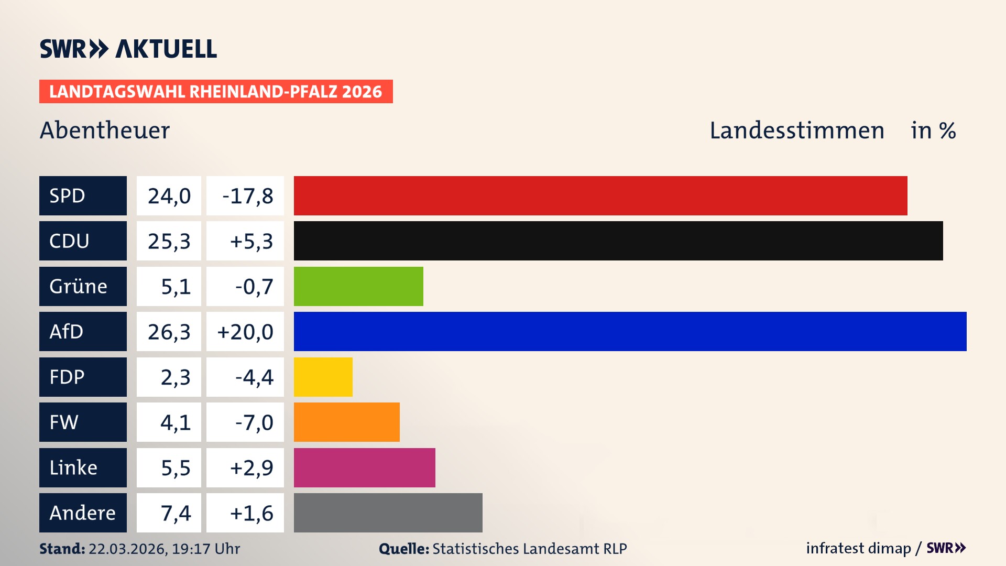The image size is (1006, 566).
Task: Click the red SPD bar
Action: point(600,195)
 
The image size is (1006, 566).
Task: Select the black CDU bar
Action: point(618,241)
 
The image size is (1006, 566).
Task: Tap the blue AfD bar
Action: point(630,331)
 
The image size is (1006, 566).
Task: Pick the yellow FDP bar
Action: point(323,377)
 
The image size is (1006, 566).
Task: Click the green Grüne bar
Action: point(358,286)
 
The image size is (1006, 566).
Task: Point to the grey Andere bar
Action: point(388,513)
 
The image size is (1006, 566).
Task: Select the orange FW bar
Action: point(346,422)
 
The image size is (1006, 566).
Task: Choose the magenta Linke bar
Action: point(364,467)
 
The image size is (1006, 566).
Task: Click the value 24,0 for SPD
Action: point(169,196)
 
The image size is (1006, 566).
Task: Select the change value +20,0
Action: point(245,332)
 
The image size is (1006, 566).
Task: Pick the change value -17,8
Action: point(247,196)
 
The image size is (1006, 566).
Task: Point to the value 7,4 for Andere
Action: point(176,513)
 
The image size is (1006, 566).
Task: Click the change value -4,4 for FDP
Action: point(254,377)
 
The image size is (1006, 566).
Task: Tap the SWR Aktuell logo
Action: point(128,49)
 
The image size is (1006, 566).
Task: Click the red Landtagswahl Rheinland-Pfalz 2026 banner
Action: point(216,92)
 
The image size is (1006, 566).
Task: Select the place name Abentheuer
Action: point(105,130)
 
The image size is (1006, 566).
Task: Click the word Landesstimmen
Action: point(796,130)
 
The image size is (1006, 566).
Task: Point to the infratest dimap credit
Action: point(858,548)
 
